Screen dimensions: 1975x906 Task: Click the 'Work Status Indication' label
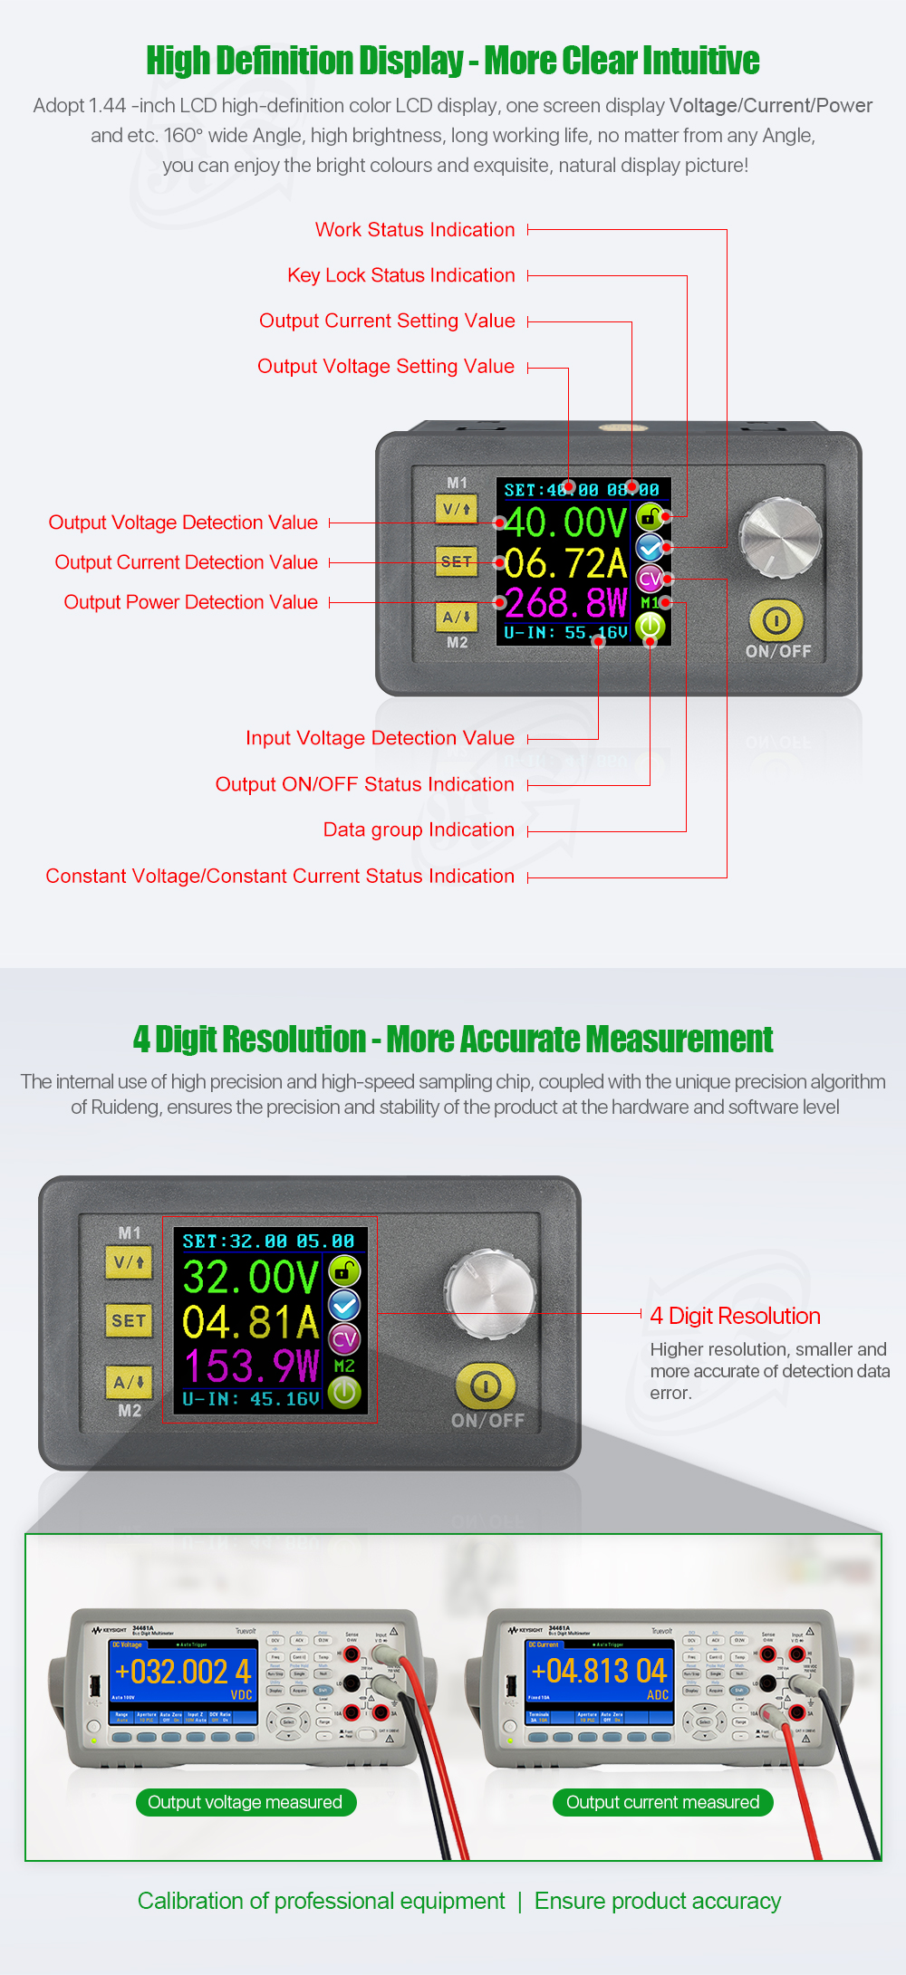[x=415, y=230]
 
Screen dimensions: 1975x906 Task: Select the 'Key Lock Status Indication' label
[x=401, y=275]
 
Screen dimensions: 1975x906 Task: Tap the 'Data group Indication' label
[x=419, y=830]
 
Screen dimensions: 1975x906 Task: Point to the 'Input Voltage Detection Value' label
[x=380, y=739]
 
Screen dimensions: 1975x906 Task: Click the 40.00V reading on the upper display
[x=565, y=523]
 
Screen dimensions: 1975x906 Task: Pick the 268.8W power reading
[x=565, y=602]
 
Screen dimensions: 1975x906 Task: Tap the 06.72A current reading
[x=565, y=563]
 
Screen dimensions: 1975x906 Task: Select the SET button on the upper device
[x=456, y=561]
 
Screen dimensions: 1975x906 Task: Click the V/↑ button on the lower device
[x=129, y=1261]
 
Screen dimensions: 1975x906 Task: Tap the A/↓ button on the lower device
[x=129, y=1382]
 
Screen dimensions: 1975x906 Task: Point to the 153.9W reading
[x=251, y=1366]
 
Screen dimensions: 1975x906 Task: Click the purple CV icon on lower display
[x=344, y=1339]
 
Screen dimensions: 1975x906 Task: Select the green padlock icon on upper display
[x=650, y=517]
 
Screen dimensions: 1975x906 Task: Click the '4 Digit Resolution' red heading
[x=735, y=1316]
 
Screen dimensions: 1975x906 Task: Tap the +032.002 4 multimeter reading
[x=183, y=1671]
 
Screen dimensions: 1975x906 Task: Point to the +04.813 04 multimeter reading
[x=599, y=1671]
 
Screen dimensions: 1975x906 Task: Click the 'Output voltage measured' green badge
[x=245, y=1802]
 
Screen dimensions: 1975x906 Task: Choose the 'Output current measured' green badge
[x=662, y=1802]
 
